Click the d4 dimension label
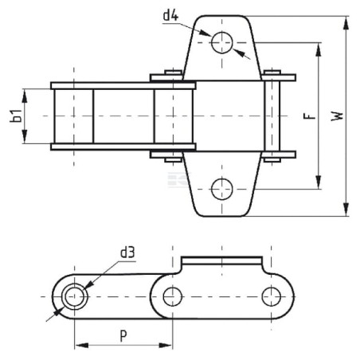click(170, 16)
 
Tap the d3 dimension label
click(127, 252)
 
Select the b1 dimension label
click(16, 115)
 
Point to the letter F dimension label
click(310, 116)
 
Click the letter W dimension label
click(337, 116)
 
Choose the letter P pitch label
click(123, 335)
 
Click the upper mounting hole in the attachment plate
click(222, 42)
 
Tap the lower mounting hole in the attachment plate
click(222, 189)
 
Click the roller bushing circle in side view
click(74, 296)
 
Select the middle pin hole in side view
click(173, 296)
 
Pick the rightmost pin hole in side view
click(271, 296)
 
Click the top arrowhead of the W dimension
click(346, 23)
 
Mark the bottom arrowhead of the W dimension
click(346, 209)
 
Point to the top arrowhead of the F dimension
click(318, 49)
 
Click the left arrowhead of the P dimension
click(81, 346)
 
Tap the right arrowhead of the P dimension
click(166, 346)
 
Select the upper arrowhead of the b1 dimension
click(25, 96)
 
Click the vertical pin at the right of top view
click(272, 116)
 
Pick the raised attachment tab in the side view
click(221, 260)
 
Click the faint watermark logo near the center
click(178, 180)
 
